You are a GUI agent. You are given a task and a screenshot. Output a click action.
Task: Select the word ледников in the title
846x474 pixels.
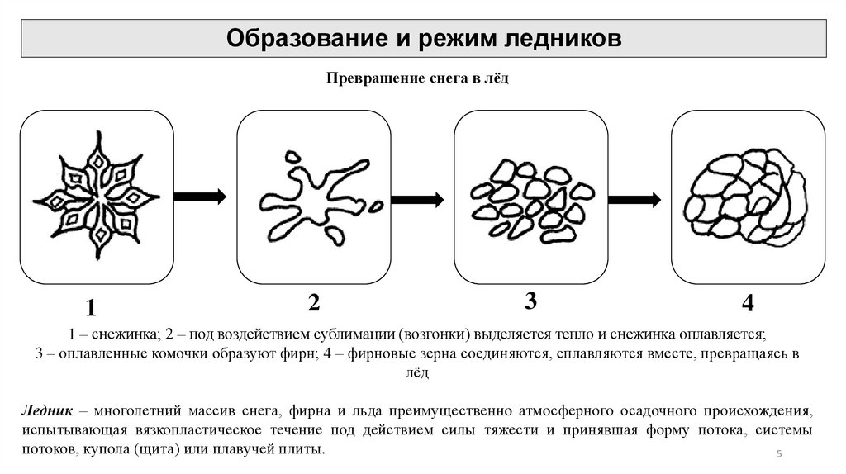(x=564, y=38)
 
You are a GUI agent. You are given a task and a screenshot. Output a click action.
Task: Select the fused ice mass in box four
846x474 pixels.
(x=745, y=197)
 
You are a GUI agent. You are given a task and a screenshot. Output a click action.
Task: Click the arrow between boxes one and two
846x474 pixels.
(x=200, y=196)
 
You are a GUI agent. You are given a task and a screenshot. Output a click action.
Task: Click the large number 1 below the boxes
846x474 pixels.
(x=90, y=309)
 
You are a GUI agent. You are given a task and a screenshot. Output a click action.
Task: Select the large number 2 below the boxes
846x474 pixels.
(x=313, y=302)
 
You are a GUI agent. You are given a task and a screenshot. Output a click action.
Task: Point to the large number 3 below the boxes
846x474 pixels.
(x=530, y=301)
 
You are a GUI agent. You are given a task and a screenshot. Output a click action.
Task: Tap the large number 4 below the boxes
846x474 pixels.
(x=748, y=304)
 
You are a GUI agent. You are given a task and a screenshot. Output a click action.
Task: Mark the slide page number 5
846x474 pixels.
(x=779, y=456)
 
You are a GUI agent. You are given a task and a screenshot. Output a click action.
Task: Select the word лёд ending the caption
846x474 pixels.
(x=416, y=373)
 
